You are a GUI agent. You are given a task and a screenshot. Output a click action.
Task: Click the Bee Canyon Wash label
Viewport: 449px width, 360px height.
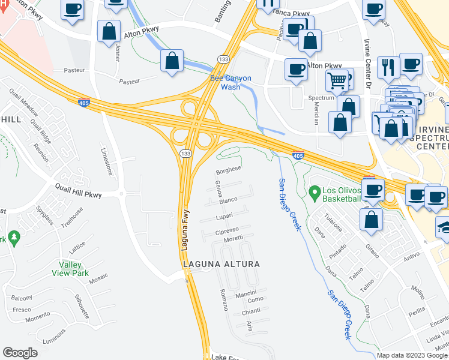231,82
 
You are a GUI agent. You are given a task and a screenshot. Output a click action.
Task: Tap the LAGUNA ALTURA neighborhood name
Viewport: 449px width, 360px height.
221,264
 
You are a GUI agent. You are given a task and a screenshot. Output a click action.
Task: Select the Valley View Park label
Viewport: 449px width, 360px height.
74,269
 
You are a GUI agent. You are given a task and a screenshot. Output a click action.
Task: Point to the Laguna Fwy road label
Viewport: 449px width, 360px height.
187,229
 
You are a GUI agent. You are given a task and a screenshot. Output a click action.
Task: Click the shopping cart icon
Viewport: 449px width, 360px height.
337,79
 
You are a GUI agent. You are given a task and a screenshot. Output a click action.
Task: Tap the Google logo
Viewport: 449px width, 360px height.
20,353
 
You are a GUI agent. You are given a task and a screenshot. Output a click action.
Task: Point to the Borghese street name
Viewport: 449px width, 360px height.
228,170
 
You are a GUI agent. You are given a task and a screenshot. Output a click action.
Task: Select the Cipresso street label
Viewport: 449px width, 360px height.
227,231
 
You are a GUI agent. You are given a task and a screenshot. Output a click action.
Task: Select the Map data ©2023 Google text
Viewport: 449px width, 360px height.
412,355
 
